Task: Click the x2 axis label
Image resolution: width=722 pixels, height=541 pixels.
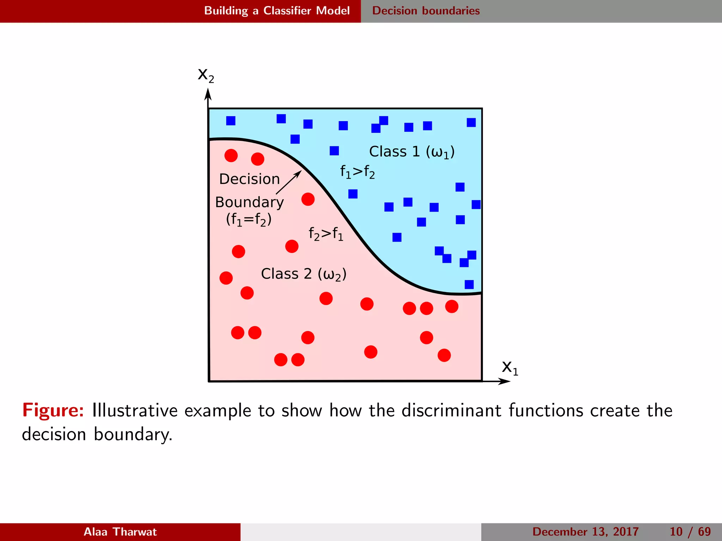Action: coord(206,75)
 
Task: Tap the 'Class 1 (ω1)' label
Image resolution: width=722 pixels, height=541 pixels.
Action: coord(411,152)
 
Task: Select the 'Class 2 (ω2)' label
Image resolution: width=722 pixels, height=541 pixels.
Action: coord(304,274)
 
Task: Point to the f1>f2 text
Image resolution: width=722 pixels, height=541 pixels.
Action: coord(357,172)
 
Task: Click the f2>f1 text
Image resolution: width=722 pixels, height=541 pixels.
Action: coord(325,234)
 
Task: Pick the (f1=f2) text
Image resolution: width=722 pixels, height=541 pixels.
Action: coord(249,219)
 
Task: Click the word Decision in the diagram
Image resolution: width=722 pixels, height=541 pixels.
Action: coord(249,179)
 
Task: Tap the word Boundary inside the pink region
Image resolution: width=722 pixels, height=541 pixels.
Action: coord(249,202)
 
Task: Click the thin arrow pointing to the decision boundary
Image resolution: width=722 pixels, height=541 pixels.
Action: coord(288,182)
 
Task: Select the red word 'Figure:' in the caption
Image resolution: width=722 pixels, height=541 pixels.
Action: coord(53,410)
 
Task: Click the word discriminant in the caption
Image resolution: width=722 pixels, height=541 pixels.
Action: coord(451,410)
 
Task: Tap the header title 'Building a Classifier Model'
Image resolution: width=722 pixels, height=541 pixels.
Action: coord(277,11)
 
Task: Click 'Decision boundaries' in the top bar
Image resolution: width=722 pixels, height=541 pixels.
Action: coord(426,11)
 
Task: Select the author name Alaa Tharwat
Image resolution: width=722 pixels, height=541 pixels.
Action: coord(120,531)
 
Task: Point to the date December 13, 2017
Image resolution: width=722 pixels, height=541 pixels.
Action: coord(585,531)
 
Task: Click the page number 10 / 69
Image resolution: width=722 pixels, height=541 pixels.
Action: coord(690,531)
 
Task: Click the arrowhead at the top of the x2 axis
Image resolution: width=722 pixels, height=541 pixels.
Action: coord(208,94)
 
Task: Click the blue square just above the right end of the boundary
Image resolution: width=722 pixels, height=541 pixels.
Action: coord(469,284)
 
